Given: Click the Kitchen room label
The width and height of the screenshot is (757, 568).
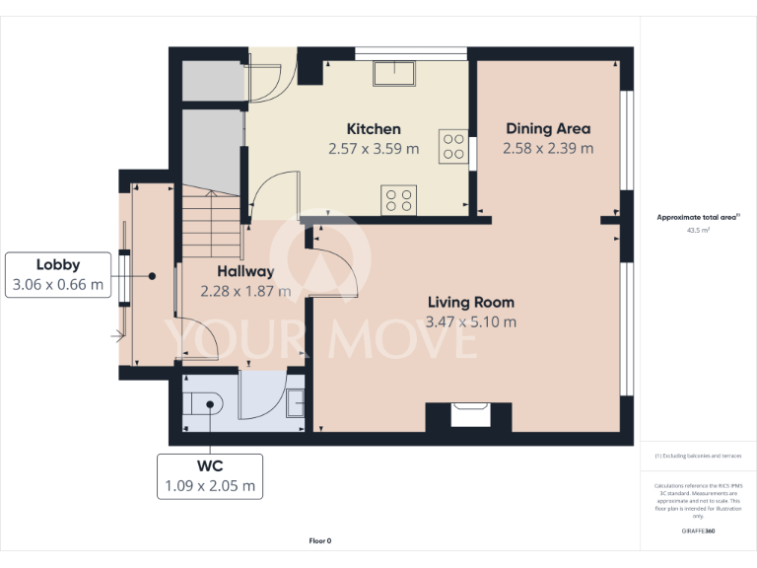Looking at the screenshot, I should [374, 129].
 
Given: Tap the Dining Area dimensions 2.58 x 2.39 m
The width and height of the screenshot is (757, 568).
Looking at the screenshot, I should [548, 149].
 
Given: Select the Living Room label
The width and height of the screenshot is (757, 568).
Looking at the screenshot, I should [470, 303].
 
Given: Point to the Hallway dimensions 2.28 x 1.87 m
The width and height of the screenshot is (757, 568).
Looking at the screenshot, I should [245, 291].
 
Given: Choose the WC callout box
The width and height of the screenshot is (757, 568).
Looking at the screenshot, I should [210, 475].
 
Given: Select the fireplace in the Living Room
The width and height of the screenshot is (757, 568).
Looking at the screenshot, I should [468, 415].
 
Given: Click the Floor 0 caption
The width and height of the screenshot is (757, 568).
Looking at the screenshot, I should [320, 540].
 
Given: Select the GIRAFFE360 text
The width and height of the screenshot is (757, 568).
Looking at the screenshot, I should [698, 531].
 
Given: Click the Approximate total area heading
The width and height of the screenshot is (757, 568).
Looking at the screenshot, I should [698, 217].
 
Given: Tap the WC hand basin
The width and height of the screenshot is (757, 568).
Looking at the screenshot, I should [296, 401].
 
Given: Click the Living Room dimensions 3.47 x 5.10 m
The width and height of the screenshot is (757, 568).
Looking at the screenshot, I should [470, 322].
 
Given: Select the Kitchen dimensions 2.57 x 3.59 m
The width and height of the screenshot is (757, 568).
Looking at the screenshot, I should [374, 149].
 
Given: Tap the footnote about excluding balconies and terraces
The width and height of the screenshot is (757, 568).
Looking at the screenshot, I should [698, 456].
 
